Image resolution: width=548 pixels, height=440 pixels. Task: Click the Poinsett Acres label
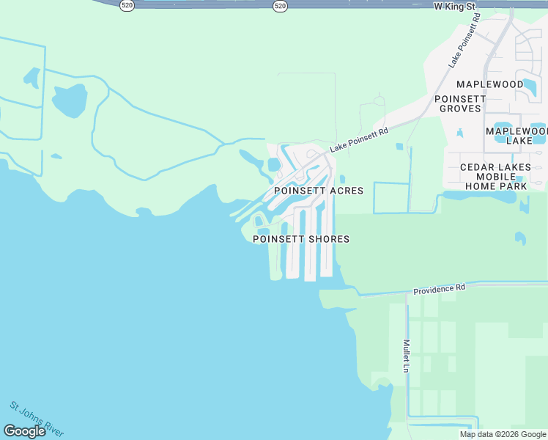pos(318,191)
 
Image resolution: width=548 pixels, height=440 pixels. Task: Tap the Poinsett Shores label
pos(300,239)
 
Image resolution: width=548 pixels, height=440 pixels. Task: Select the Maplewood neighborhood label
pos(489,84)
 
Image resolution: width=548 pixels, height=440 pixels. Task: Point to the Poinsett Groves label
pos(460,103)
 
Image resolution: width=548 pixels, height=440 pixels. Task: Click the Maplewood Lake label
pos(516,135)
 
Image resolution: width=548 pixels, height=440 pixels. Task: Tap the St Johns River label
pos(37,417)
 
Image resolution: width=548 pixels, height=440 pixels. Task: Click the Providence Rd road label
pos(439,289)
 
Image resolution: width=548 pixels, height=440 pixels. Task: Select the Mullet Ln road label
pos(405,355)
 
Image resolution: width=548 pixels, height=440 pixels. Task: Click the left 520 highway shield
pos(127,5)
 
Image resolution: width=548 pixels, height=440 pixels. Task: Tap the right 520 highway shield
pos(280,5)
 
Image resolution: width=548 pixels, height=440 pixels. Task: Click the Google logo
pos(24,431)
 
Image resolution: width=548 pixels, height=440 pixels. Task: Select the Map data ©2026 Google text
pos(502,434)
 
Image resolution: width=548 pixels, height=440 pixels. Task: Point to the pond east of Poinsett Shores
pos(519,238)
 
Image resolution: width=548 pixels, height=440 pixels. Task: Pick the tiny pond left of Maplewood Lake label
pos(459,133)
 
